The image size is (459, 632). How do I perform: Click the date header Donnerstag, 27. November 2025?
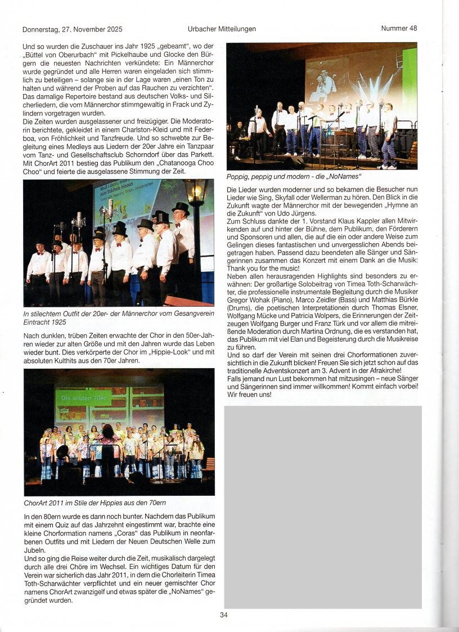pos(72,29)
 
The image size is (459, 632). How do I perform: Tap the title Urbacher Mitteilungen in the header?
pos(222,29)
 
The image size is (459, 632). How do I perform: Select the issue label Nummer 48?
pos(399,28)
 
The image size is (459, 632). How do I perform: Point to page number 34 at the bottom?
pos(224,615)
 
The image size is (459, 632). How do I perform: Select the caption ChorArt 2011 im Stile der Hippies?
pos(94,502)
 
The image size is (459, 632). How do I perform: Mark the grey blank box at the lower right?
pos(322,507)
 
